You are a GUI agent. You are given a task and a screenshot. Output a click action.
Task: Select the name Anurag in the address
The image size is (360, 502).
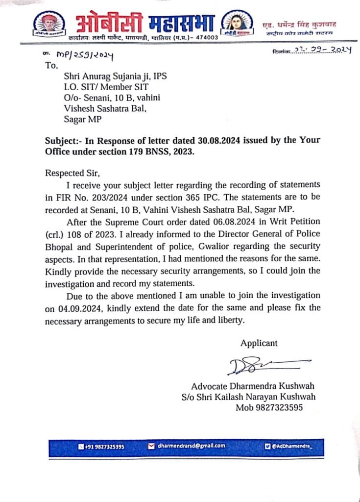point(100,76)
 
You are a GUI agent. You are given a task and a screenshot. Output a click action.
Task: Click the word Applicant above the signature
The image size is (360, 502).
point(258,343)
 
